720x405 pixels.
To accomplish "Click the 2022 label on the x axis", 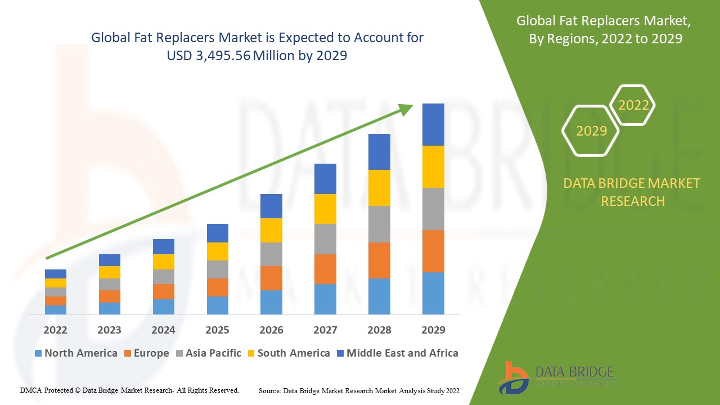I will pyautogui.click(x=55, y=330).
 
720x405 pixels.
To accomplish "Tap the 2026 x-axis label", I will pyautogui.click(x=271, y=330).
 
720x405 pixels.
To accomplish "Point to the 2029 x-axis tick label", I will pyautogui.click(x=433, y=330).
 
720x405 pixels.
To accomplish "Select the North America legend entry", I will pyautogui.click(x=76, y=353).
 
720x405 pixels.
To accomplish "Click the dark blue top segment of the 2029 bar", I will pyautogui.click(x=433, y=124).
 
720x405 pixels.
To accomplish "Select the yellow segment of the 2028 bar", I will pyautogui.click(x=379, y=188).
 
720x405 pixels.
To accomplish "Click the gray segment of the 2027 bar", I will pyautogui.click(x=325, y=239).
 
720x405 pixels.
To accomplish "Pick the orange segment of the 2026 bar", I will pyautogui.click(x=271, y=278).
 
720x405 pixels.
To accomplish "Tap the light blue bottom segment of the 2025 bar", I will pyautogui.click(x=218, y=305).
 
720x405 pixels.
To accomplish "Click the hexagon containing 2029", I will pyautogui.click(x=591, y=131).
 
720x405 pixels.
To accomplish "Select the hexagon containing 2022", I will pyautogui.click(x=633, y=105).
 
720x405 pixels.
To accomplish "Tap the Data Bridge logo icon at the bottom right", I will pyautogui.click(x=513, y=377).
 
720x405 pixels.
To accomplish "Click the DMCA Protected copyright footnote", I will pyautogui.click(x=129, y=390).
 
